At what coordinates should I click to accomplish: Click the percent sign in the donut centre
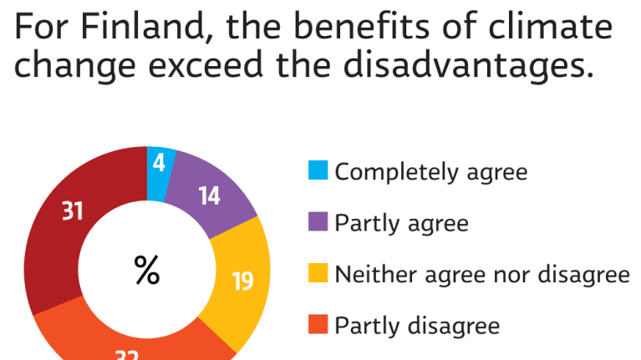pyautogui.click(x=147, y=269)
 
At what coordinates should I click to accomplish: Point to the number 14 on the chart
pyautogui.click(x=210, y=196)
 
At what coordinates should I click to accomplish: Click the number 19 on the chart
pyautogui.click(x=242, y=281)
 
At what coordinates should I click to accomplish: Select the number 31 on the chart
pyautogui.click(x=73, y=211)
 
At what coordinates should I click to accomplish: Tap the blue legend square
pyautogui.click(x=318, y=173)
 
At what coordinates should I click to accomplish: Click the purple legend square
pyautogui.click(x=318, y=223)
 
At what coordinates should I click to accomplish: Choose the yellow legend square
pyautogui.click(x=318, y=274)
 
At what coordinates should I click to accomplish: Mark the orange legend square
pyautogui.click(x=318, y=324)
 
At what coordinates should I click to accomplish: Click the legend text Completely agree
pyautogui.click(x=431, y=173)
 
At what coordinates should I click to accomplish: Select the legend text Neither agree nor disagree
pyautogui.click(x=482, y=274)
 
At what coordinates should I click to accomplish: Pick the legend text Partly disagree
pyautogui.click(x=417, y=324)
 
